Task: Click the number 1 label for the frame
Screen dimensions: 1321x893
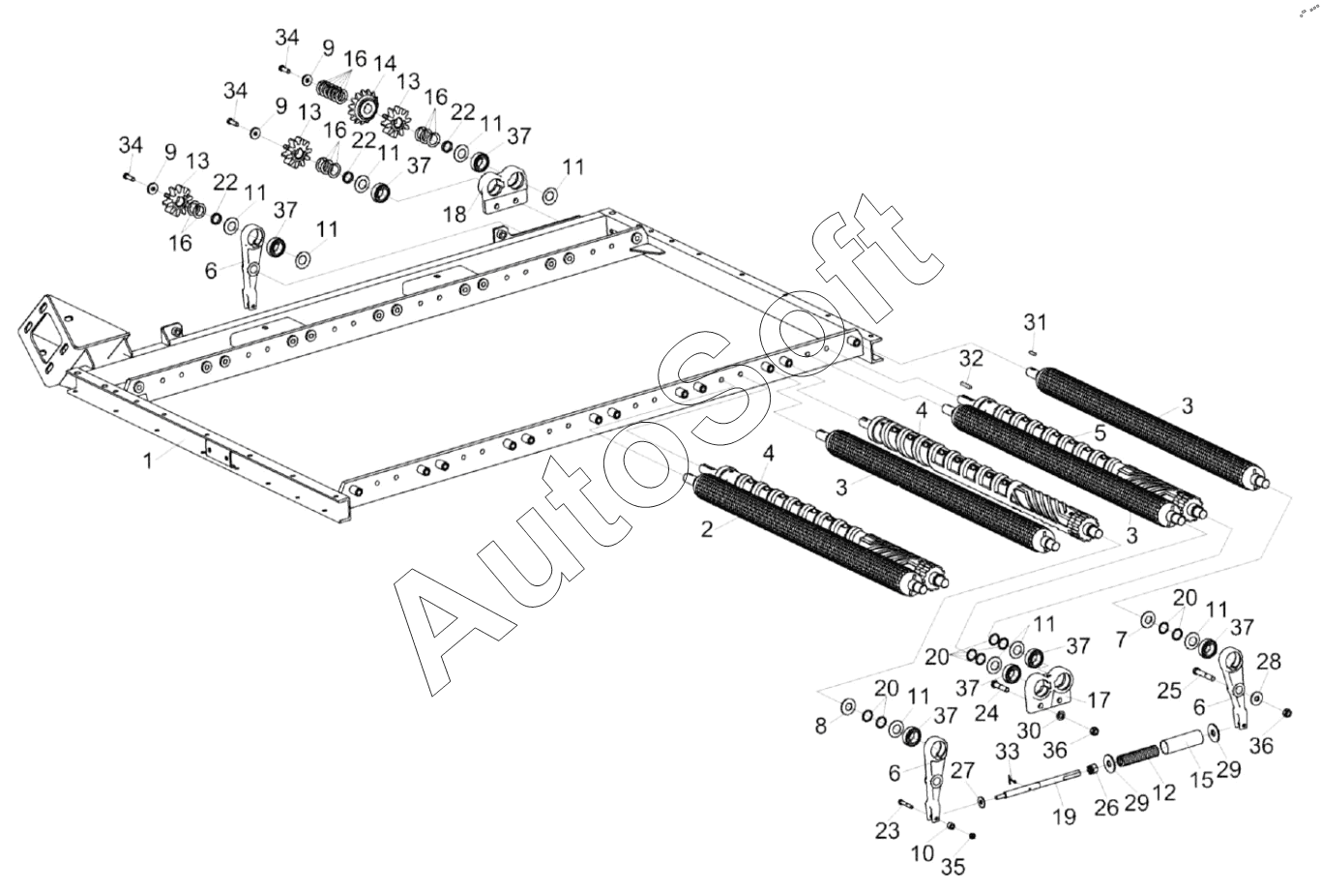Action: pyautogui.click(x=148, y=461)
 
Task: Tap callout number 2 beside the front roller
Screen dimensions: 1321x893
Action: pyautogui.click(x=707, y=529)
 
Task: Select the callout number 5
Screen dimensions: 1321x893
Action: pyautogui.click(x=1100, y=432)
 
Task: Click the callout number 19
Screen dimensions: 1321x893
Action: pyautogui.click(x=1064, y=817)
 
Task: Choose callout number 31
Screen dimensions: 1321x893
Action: pyautogui.click(x=1036, y=321)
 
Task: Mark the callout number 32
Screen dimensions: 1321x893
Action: pyautogui.click(x=972, y=359)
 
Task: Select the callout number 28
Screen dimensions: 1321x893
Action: pyautogui.click(x=1269, y=662)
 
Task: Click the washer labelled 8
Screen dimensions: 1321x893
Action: pyautogui.click(x=847, y=706)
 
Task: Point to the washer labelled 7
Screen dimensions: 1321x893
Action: pyautogui.click(x=1147, y=619)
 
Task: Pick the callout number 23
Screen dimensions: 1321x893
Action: pyautogui.click(x=888, y=829)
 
